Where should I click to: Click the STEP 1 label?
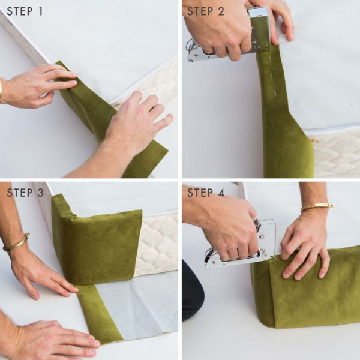[25, 11]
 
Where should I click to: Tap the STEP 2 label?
[205, 11]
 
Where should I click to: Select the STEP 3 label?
[25, 193]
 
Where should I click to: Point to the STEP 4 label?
[206, 193]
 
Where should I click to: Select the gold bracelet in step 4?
[317, 207]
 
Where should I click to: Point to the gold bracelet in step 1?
[1, 89]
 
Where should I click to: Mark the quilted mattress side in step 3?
[158, 244]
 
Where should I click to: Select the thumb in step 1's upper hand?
[46, 95]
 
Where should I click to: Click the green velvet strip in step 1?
[110, 119]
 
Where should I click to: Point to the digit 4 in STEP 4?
[220, 193]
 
